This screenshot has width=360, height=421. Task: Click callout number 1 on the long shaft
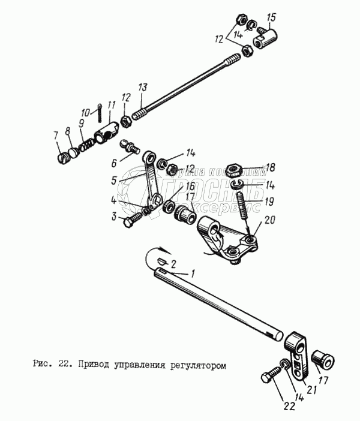193,273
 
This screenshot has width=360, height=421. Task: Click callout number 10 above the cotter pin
84,112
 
